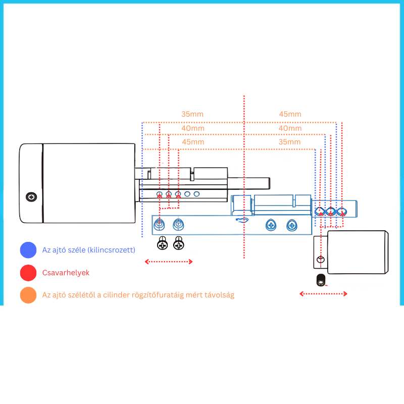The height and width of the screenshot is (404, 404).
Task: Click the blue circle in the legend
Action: (x=28, y=250)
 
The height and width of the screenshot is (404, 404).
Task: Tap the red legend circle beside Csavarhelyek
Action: (x=28, y=273)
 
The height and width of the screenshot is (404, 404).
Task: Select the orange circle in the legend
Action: (x=28, y=295)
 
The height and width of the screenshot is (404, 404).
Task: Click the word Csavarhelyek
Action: (x=66, y=273)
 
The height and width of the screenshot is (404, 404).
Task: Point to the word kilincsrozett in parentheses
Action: (x=111, y=250)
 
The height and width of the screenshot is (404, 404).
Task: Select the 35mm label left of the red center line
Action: (x=192, y=114)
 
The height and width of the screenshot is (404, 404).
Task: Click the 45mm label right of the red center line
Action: (x=290, y=114)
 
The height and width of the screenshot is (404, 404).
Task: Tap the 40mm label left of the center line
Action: (x=193, y=128)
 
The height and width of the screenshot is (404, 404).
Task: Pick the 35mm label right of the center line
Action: (x=289, y=142)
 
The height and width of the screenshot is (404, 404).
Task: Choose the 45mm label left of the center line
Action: (x=193, y=142)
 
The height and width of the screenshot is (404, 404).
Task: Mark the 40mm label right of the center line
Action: (x=290, y=128)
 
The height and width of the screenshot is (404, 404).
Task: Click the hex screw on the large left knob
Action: (x=31, y=197)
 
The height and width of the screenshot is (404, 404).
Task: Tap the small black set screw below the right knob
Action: (x=321, y=280)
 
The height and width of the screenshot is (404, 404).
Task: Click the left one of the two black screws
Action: (x=162, y=243)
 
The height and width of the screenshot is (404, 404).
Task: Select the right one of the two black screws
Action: (x=179, y=243)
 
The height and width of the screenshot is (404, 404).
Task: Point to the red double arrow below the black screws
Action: (x=169, y=262)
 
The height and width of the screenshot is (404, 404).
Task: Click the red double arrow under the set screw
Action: (x=323, y=294)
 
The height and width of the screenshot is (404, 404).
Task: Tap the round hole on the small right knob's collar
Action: (x=321, y=259)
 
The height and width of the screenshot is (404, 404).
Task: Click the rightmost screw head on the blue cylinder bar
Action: (x=292, y=225)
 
